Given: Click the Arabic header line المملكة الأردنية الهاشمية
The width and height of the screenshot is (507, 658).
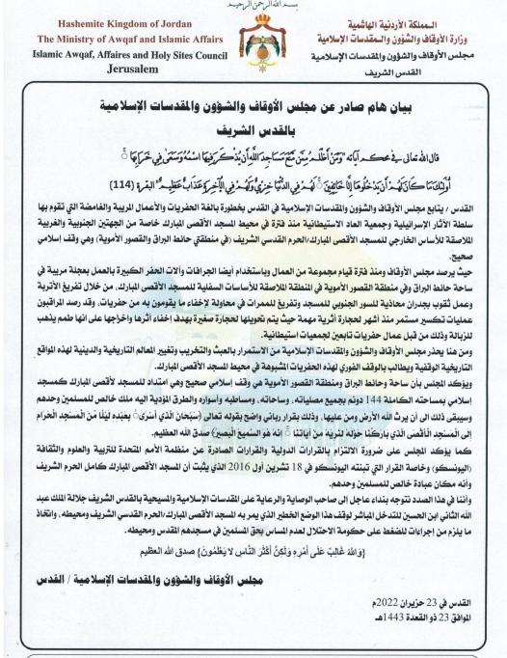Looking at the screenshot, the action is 414,23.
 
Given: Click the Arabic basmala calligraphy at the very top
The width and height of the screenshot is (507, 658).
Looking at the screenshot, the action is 253,5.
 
